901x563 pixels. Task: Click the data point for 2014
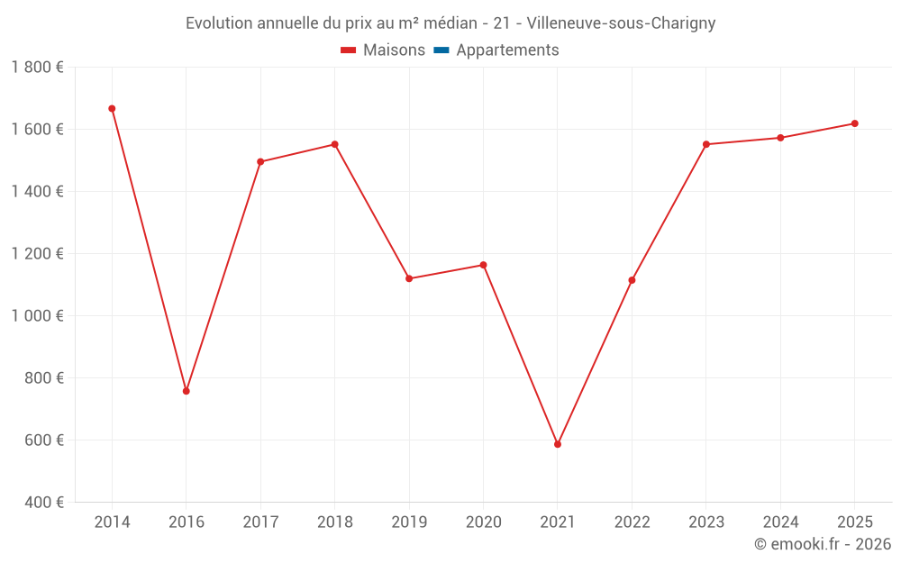(x=112, y=109)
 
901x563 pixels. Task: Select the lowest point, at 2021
(x=558, y=444)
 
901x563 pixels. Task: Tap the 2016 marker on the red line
(x=187, y=391)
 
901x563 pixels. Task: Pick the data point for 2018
(x=334, y=144)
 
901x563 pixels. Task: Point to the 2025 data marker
(x=855, y=123)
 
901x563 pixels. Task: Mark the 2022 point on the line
(x=632, y=280)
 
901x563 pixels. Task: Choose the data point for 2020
(x=483, y=265)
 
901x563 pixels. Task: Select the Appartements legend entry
(x=507, y=50)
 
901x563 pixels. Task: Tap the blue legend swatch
(x=441, y=50)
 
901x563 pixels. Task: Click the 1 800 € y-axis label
(x=37, y=68)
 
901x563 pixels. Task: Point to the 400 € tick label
(x=42, y=502)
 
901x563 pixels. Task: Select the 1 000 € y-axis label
(x=37, y=315)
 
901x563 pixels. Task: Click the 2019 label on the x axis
(x=409, y=522)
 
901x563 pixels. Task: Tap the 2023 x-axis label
(x=706, y=522)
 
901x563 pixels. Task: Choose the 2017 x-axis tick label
(x=260, y=522)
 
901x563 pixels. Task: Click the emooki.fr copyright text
(x=822, y=544)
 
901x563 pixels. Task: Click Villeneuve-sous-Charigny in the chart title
(x=621, y=23)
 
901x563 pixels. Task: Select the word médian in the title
(x=450, y=23)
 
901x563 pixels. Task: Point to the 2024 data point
(x=780, y=138)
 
